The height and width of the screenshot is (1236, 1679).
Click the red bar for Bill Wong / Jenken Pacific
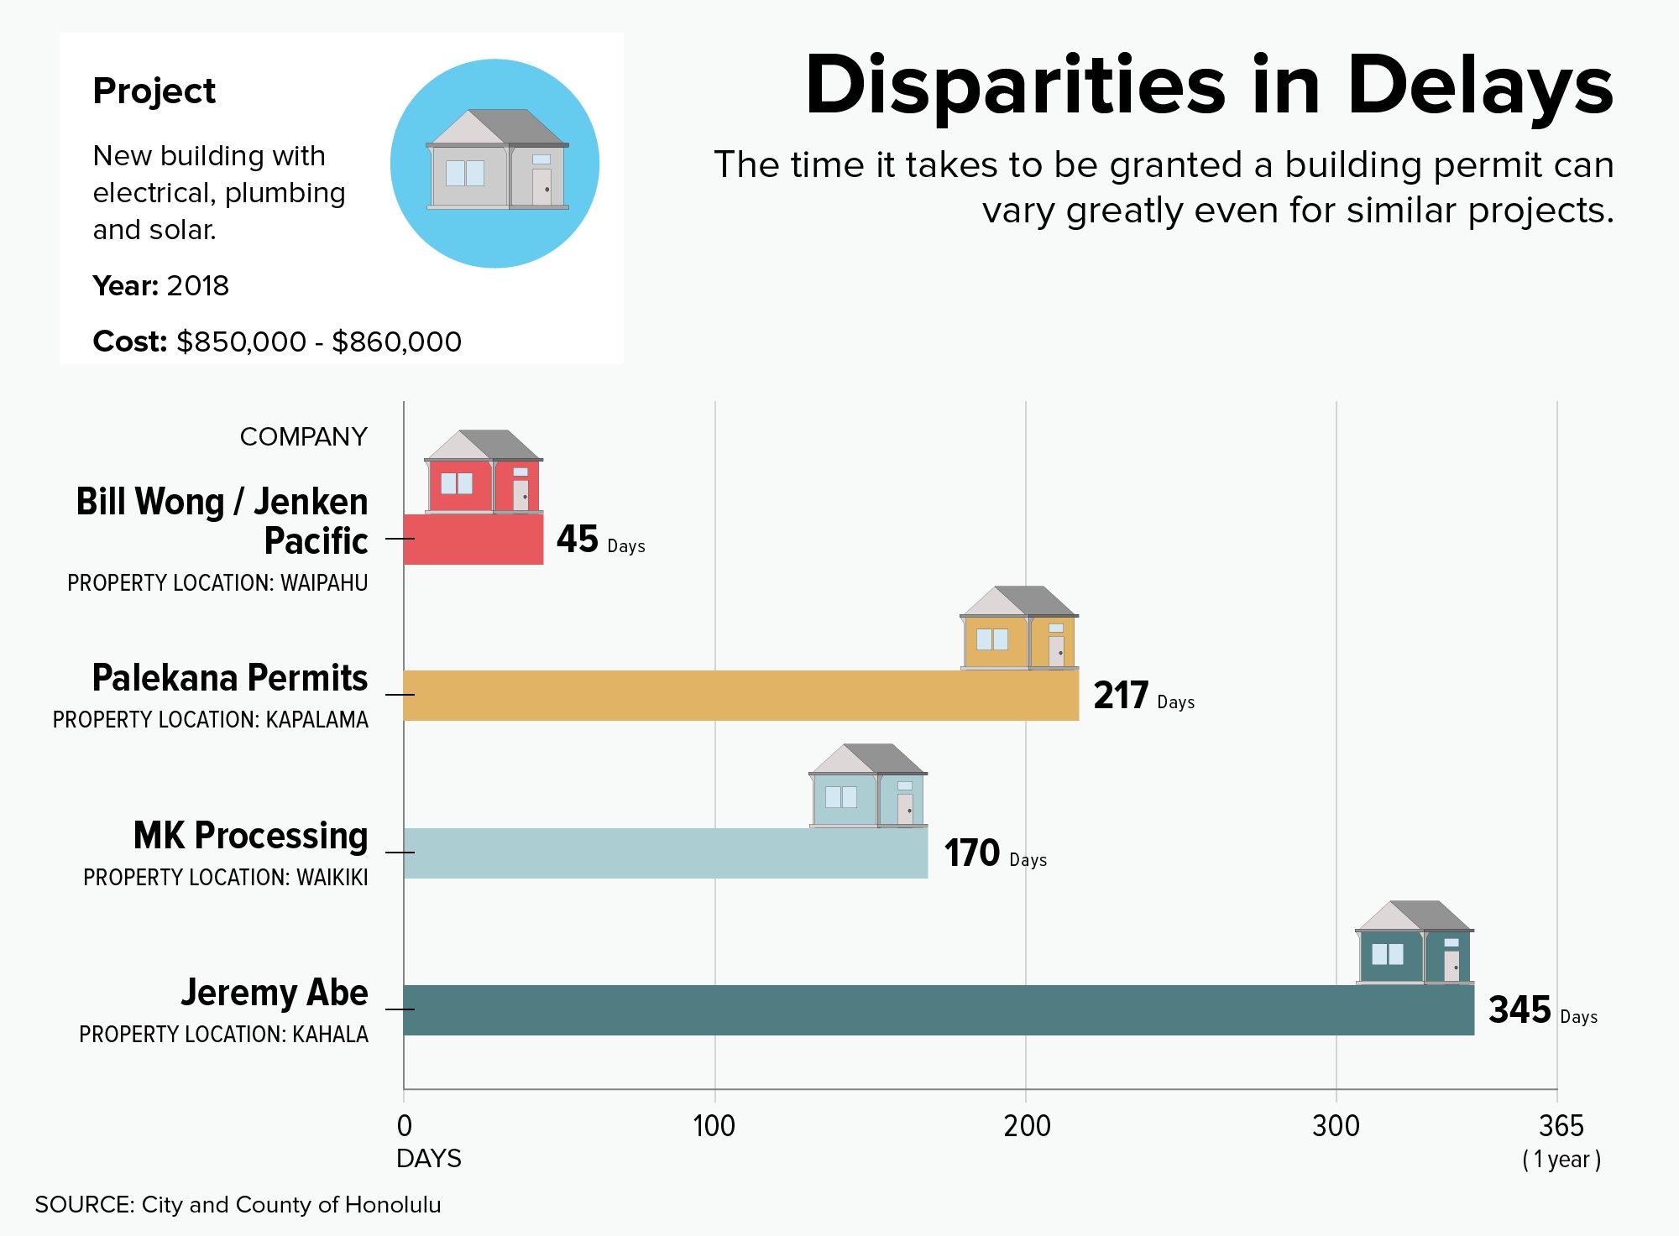473,539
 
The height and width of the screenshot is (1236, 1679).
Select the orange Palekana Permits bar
741,695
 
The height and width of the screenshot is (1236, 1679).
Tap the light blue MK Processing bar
666,853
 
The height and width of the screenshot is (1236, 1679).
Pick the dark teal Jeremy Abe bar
939,1009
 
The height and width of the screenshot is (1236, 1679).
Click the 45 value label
578,539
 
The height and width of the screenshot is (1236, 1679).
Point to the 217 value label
1121,695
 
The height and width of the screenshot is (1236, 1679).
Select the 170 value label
972,853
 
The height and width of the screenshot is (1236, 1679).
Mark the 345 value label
1519,1009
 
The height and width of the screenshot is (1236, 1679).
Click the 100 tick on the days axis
714,1126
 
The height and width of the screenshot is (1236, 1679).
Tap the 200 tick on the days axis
1027,1126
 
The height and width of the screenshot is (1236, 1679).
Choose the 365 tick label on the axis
1561,1126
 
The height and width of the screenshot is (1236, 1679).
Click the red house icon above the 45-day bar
484,472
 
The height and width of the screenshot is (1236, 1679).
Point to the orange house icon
1019,628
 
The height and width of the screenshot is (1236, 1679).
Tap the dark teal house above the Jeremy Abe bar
1415,942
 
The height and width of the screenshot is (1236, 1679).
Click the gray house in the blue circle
497,159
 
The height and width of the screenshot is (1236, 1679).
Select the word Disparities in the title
1016,86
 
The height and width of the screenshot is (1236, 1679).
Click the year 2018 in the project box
197,286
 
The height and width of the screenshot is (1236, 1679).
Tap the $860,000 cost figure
396,342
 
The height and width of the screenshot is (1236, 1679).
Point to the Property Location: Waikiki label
226,878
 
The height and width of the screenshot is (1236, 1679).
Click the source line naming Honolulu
238,1205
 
